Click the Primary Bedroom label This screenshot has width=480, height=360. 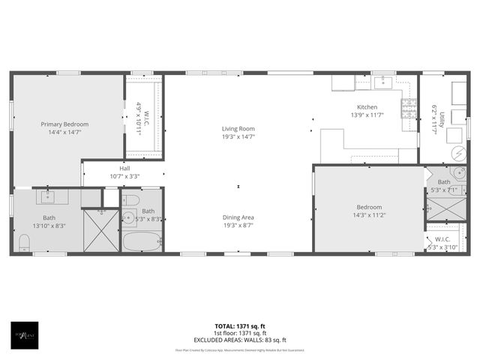[64, 124]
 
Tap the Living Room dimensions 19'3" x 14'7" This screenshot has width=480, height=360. [238, 136]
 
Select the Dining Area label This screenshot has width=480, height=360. [238, 217]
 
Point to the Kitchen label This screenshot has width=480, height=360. [367, 107]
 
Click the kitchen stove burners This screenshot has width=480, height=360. [409, 109]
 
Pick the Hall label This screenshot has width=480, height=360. [124, 169]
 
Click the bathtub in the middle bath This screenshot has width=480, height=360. [142, 241]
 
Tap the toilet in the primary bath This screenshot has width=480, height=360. [24, 241]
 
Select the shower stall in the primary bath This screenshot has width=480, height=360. [100, 230]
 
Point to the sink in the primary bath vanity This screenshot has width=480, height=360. [47, 197]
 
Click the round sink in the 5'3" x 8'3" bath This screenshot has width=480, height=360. [127, 218]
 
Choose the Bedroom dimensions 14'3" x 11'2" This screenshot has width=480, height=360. [369, 215]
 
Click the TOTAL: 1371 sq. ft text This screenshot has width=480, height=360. [239, 327]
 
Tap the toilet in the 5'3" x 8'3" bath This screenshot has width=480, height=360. [130, 200]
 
